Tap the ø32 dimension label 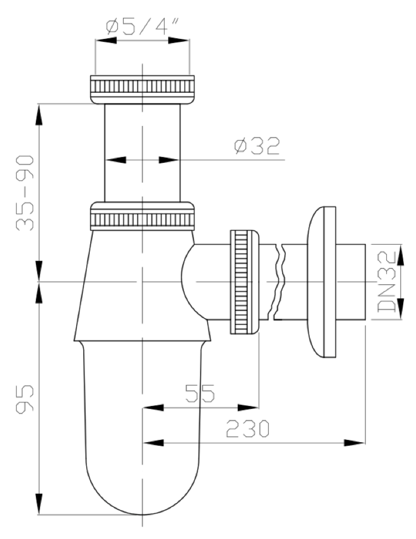coord(257,146)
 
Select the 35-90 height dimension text coord(25,192)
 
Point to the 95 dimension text coord(25,398)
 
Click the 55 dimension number coord(200,393)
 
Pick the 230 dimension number coord(248,428)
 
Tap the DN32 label coord(387,282)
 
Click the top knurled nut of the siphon coord(142,89)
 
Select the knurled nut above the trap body coord(142,216)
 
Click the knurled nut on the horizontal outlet coord(244,282)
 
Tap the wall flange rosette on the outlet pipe coord(321,282)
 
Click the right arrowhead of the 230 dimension coord(354,443)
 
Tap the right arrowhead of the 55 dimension coord(248,408)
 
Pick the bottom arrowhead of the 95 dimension coord(39,504)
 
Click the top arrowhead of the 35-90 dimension coord(39,114)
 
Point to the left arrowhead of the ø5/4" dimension coord(106,41)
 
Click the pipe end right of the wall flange coord(350,282)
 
